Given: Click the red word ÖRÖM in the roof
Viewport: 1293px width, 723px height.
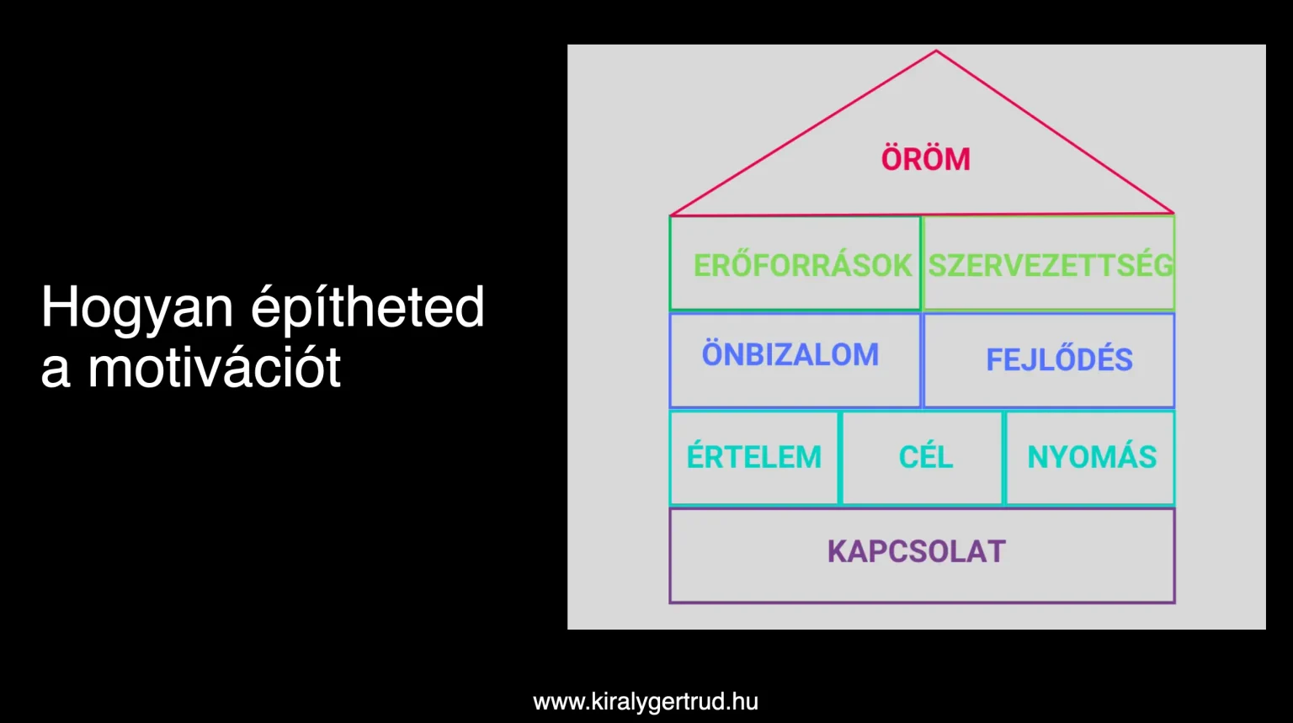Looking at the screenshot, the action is (x=925, y=159).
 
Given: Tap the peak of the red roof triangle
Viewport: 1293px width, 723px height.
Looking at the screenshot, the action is (x=936, y=51).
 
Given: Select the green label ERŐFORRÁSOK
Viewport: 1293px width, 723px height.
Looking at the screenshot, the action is (x=802, y=265).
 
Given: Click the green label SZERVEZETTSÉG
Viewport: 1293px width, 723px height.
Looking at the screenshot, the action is (x=1051, y=265).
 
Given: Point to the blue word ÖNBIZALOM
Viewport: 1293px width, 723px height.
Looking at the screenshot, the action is (x=790, y=354).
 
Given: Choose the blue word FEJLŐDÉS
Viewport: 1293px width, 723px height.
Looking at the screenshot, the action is (x=1059, y=359).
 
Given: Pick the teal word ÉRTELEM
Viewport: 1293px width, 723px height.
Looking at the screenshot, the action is (x=754, y=456).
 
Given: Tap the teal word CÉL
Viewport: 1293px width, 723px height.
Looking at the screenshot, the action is (x=925, y=456).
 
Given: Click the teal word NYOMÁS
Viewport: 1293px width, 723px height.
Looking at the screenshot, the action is (x=1092, y=456).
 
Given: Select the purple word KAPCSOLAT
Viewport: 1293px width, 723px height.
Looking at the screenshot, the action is (x=917, y=551).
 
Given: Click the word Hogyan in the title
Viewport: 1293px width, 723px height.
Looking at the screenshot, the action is (x=137, y=309).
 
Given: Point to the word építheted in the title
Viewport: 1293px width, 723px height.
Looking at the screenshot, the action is (x=368, y=309).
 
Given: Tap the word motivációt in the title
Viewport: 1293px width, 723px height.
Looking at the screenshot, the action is (x=214, y=367).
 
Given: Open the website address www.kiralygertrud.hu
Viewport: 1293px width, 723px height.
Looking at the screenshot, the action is (x=646, y=702).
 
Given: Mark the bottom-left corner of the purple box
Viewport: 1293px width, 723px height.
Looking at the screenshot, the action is (x=670, y=603).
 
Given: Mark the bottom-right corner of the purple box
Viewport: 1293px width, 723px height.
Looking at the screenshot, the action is (x=1174, y=603).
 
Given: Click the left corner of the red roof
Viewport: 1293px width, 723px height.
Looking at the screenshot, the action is (x=671, y=215).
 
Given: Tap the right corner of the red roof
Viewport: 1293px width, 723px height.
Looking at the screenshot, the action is (x=1174, y=213).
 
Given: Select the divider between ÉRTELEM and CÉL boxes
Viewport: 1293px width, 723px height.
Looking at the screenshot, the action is (x=840, y=458).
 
